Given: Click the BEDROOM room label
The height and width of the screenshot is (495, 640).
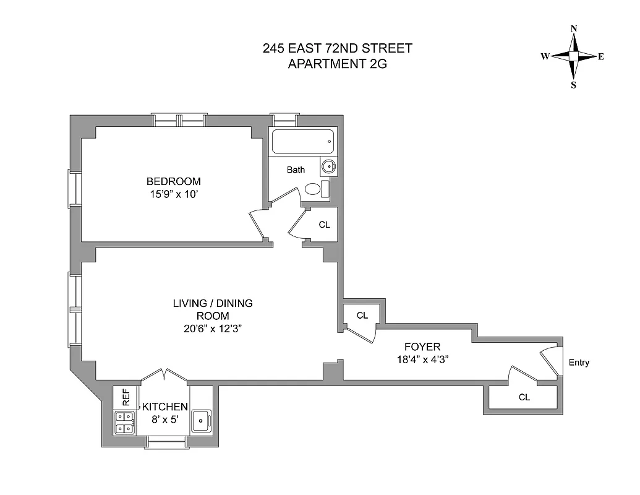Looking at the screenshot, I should coord(173,181).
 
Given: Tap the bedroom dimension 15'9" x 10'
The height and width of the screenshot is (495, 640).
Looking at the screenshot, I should coord(173,194).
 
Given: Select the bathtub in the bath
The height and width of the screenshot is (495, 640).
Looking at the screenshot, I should coord(303,142).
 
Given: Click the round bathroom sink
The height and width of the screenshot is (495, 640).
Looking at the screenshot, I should coord(328,166).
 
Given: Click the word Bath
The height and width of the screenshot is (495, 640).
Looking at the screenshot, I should coord(296,170).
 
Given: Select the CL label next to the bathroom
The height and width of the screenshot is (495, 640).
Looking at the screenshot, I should coord(324,225).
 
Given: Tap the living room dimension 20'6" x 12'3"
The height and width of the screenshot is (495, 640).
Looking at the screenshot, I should coord(212,329).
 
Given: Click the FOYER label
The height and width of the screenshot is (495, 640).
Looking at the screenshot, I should coord(422,347).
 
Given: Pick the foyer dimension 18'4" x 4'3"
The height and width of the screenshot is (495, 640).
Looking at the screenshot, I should coord(422,359).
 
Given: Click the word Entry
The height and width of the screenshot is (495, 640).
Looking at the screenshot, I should coord(579,363).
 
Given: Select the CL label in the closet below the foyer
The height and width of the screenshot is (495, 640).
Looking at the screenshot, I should coord(524,398).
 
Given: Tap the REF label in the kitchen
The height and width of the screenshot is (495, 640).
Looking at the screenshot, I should coord(126,397).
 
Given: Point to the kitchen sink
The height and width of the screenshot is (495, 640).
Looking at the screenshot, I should coord(201,421).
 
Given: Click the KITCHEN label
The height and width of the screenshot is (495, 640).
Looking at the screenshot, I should coord(164,407).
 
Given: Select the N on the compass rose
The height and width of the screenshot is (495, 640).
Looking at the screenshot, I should coord(574,28).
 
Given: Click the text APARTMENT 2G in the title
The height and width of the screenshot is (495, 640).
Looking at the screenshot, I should coord(337,63).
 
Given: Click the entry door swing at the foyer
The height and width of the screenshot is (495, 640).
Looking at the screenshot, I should coord(549,357).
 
